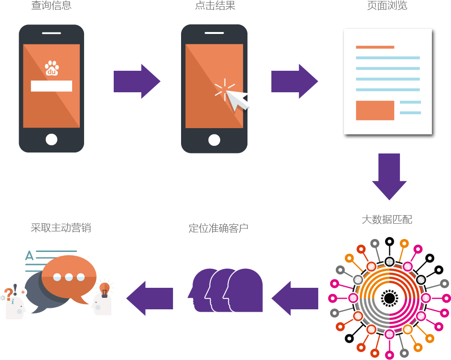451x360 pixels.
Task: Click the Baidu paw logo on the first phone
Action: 52,68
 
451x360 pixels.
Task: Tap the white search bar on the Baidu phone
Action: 52,86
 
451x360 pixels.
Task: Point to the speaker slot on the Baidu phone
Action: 51,33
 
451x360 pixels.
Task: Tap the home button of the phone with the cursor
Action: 214,140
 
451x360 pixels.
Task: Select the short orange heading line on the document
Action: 375,47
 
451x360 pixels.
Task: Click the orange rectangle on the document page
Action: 375,110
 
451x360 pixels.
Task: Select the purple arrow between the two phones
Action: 137,81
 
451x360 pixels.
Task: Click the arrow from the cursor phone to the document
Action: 295,81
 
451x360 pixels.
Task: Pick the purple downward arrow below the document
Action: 389,177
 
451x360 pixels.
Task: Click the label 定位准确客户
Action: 218,229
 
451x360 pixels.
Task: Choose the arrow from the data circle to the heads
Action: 295,298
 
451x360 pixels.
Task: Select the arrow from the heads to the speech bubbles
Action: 150,298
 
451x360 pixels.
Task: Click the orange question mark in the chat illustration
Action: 8,294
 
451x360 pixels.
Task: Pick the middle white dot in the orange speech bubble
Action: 69,277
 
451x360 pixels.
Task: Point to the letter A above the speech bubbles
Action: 29,256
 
